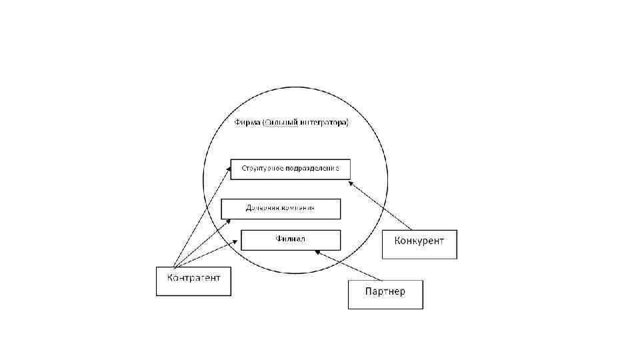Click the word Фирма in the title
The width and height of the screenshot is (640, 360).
247,123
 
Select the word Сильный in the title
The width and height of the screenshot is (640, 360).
281,123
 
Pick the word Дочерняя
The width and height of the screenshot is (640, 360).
261,208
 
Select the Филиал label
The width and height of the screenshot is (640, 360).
290,238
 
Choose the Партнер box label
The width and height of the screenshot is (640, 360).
385,291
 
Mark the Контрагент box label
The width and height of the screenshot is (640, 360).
193,277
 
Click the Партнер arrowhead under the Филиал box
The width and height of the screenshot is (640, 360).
319,252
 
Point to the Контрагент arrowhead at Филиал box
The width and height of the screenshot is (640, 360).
237,241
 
